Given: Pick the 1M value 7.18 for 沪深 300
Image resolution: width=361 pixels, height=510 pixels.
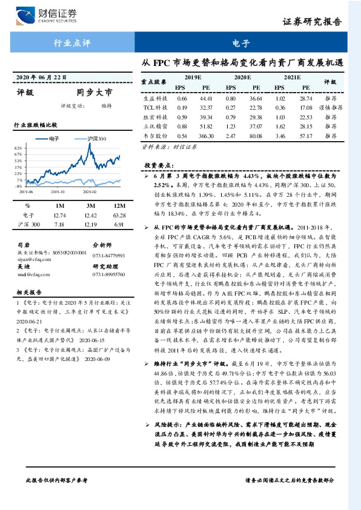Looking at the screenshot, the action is (x=59, y=224).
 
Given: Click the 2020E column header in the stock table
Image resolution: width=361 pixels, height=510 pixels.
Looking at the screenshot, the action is (x=243, y=78).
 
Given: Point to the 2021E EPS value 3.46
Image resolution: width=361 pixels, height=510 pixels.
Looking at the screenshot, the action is (x=280, y=137).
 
